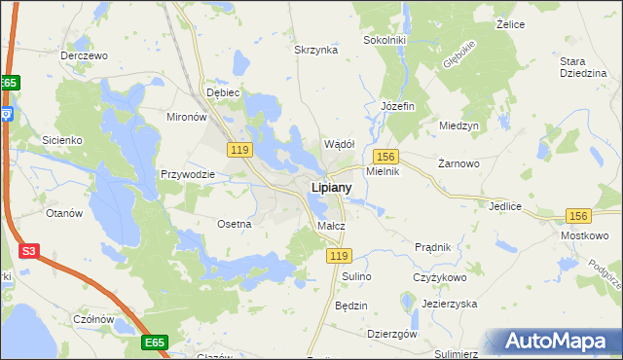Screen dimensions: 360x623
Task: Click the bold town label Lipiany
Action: pyautogui.click(x=331, y=187)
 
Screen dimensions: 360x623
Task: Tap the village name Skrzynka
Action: pyautogui.click(x=315, y=50)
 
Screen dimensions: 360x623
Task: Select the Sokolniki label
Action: pyautogui.click(x=384, y=40)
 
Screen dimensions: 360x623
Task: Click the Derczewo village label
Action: pyautogui.click(x=83, y=55)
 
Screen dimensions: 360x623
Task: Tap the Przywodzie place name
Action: pyautogui.click(x=187, y=175)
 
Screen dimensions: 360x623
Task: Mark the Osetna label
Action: pyautogui.click(x=235, y=224)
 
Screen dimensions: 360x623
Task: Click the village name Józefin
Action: pyautogui.click(x=397, y=105)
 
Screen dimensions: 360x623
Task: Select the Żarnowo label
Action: pyautogui.click(x=459, y=163)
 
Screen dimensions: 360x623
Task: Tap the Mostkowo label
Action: pyautogui.click(x=585, y=236)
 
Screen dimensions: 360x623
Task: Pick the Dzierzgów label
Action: pyautogui.click(x=392, y=334)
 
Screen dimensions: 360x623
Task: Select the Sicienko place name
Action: pyautogui.click(x=60, y=140)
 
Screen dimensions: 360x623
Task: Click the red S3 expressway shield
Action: pyautogui.click(x=29, y=251)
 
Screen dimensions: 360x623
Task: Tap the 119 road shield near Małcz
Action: pyautogui.click(x=338, y=255)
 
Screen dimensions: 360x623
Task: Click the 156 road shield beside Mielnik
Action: pyautogui.click(x=385, y=156)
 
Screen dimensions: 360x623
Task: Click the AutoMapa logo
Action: pyautogui.click(x=559, y=342)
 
